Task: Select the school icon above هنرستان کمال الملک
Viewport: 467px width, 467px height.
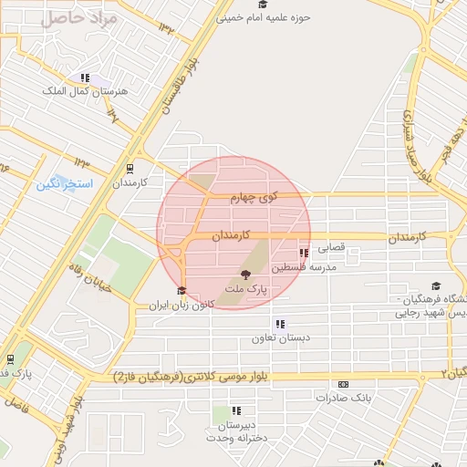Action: tap(85, 78)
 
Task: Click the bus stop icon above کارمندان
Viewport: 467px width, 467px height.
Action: tap(129, 168)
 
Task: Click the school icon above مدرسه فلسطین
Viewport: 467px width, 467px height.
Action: tap(304, 253)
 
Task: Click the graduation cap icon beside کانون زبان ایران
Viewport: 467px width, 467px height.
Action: tap(181, 292)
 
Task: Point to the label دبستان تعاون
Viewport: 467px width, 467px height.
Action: tap(282, 337)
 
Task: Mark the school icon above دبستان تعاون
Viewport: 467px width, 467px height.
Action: tap(278, 323)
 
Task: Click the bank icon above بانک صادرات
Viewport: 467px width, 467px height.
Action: tap(342, 384)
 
